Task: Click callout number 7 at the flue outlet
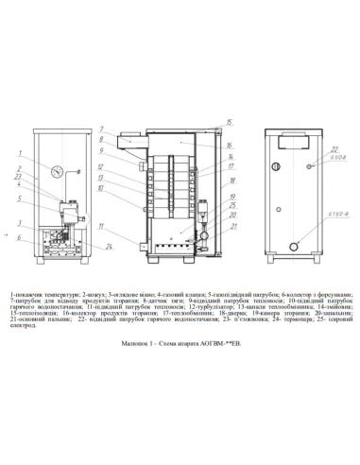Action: [x=98, y=128]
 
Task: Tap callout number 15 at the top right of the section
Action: [x=229, y=124]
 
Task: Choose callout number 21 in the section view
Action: [x=233, y=228]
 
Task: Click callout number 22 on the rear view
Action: [x=334, y=149]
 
